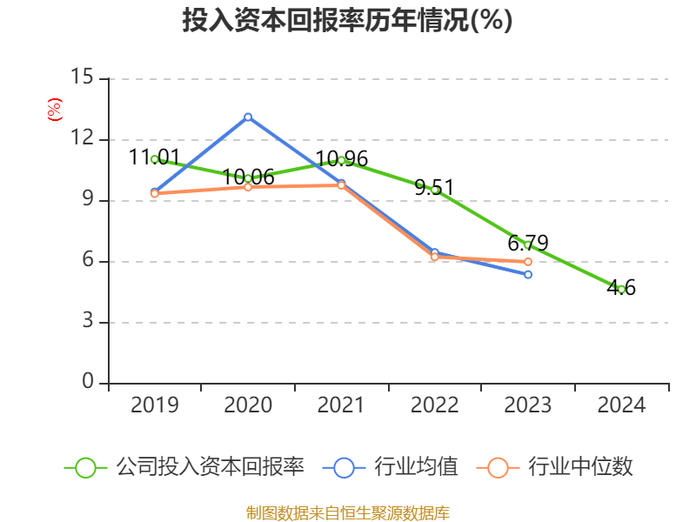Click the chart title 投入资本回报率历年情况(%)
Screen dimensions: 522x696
tap(347, 21)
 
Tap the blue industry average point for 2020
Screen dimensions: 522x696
tap(248, 117)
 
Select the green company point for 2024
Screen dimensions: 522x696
tap(621, 289)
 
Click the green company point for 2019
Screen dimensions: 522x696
tap(154, 159)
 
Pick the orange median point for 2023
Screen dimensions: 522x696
tap(528, 262)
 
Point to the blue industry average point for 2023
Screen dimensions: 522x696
tap(528, 275)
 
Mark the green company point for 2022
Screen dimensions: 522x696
tap(435, 190)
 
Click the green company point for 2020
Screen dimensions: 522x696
tap(248, 178)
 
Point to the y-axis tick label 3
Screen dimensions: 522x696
tap(87, 322)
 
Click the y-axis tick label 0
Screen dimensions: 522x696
tap(87, 383)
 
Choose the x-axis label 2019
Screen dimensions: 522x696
tap(154, 405)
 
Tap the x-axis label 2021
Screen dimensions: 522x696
tap(341, 405)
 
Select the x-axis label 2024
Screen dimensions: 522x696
tap(621, 405)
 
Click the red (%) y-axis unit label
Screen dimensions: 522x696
tap(55, 110)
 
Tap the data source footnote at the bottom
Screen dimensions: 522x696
tap(347, 512)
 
